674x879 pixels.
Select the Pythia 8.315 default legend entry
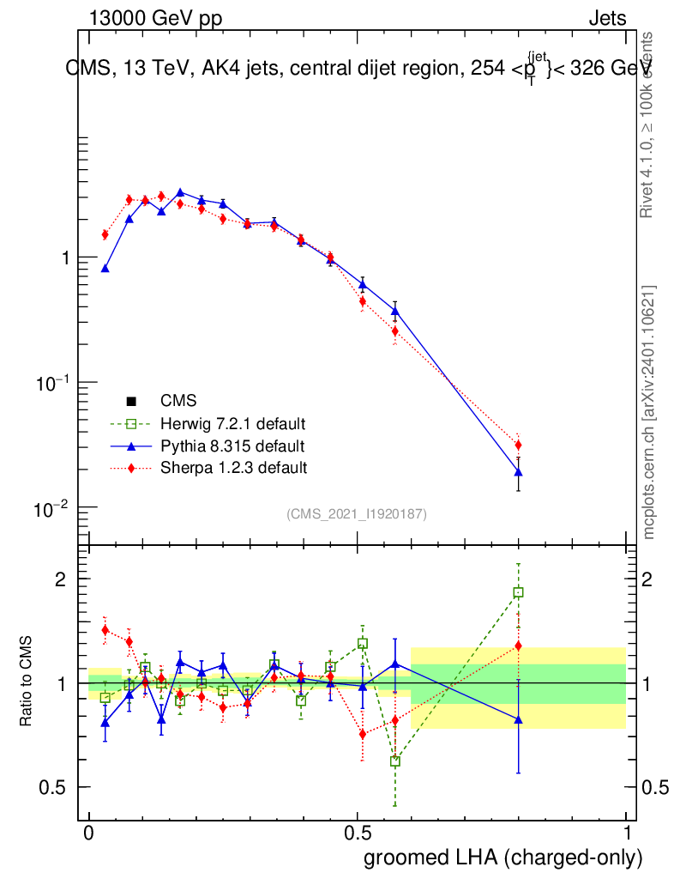tap(232, 446)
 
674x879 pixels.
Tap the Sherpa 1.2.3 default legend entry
tap(233, 468)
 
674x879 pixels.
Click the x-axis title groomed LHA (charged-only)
tap(503, 858)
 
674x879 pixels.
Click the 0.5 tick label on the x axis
tap(358, 834)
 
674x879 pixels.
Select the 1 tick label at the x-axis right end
tap(627, 834)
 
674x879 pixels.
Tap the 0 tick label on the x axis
tap(88, 834)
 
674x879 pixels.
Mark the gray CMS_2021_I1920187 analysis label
tap(357, 513)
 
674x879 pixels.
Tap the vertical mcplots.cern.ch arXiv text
tap(649, 412)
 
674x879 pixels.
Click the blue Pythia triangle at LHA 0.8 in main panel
tap(518, 472)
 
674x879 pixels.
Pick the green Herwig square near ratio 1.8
tap(518, 592)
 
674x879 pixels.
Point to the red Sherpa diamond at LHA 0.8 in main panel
tap(518, 445)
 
